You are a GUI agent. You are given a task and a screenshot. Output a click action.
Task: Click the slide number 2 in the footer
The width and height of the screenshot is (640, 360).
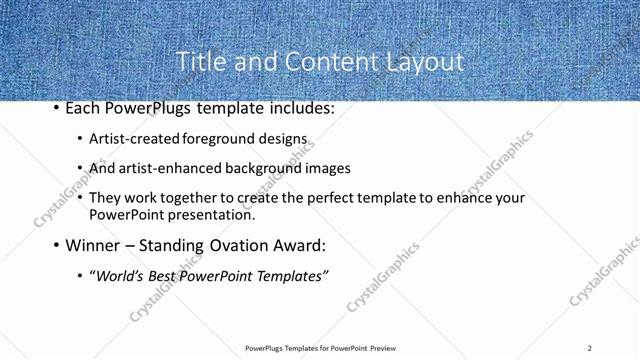click(590, 348)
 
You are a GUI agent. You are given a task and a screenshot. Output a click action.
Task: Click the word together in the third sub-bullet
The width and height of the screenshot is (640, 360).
click(194, 198)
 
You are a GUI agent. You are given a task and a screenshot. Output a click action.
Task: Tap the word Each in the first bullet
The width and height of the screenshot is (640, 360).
click(83, 107)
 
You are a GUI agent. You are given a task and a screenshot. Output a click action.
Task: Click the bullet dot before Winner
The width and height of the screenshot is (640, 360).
click(55, 245)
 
